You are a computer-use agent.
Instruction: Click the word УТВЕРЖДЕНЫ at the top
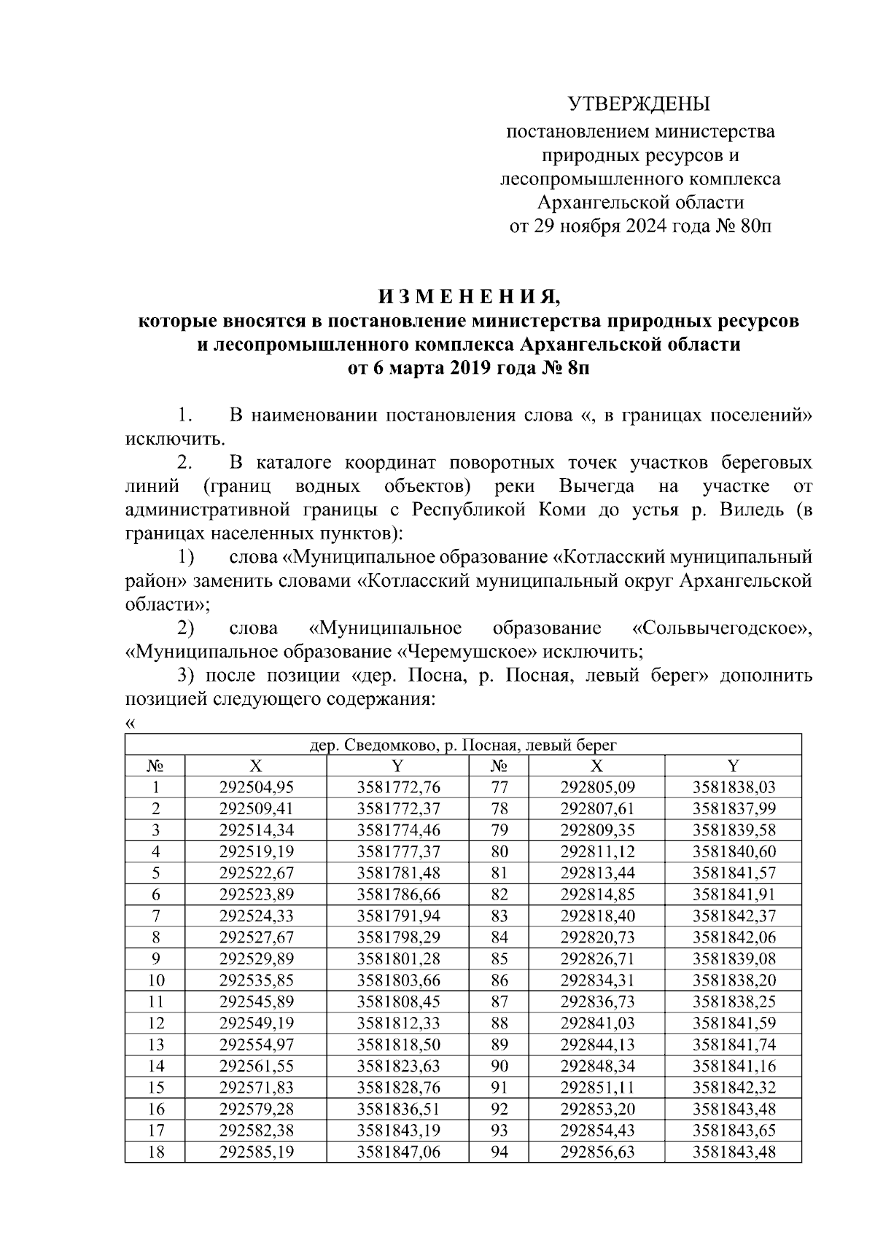tap(639, 104)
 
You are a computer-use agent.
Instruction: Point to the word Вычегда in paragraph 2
tap(596, 486)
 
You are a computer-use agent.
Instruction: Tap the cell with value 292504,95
tap(256, 787)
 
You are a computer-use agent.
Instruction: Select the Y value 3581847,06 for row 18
tap(399, 1152)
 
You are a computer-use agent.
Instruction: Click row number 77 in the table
tap(499, 787)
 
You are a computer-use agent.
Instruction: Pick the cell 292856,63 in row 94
tap(597, 1152)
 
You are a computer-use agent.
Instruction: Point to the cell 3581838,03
tap(734, 787)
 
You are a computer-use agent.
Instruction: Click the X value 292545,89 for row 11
tap(256, 1002)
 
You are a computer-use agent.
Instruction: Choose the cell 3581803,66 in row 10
tap(399, 980)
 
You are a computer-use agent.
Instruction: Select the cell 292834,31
tap(597, 980)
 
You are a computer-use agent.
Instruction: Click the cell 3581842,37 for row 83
tap(734, 916)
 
